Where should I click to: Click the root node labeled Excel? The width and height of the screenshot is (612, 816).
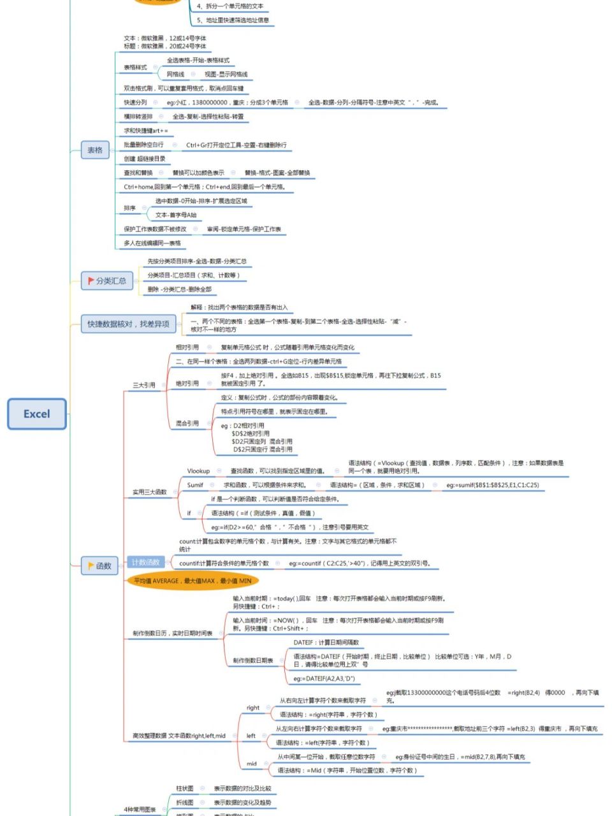[x=37, y=414]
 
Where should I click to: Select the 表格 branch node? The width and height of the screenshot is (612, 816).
[x=95, y=150]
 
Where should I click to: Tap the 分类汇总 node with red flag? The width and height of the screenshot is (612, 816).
[x=106, y=280]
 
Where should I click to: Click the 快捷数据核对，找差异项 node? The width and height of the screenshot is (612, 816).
[x=128, y=324]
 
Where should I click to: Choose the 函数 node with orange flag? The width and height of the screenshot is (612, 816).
[x=100, y=565]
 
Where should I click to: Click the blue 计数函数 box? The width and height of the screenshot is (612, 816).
[x=146, y=562]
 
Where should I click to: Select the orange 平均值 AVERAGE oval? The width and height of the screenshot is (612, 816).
[x=193, y=581]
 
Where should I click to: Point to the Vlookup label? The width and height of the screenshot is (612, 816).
[x=198, y=471]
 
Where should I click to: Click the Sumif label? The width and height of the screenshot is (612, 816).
[x=195, y=485]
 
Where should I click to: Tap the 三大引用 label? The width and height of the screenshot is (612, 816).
[x=143, y=385]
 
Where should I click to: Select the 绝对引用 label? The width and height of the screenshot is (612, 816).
[x=187, y=384]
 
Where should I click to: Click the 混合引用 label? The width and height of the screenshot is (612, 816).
[x=187, y=423]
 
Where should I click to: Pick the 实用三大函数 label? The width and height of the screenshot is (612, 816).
[x=149, y=492]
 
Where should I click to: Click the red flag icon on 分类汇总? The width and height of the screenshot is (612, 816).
[x=91, y=280]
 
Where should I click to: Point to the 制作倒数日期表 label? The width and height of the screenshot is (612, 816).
[x=252, y=660]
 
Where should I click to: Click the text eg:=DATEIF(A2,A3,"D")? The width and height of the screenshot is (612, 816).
[x=324, y=679]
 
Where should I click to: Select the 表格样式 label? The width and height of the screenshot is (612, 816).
[x=135, y=68]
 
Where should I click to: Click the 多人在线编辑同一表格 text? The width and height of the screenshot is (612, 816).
[x=152, y=243]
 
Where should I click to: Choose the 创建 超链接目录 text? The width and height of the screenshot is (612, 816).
[x=145, y=159]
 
